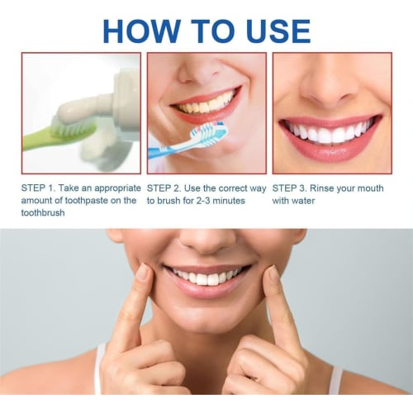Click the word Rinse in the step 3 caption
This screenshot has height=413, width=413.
(335, 188)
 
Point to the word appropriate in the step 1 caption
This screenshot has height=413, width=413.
(110, 188)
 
